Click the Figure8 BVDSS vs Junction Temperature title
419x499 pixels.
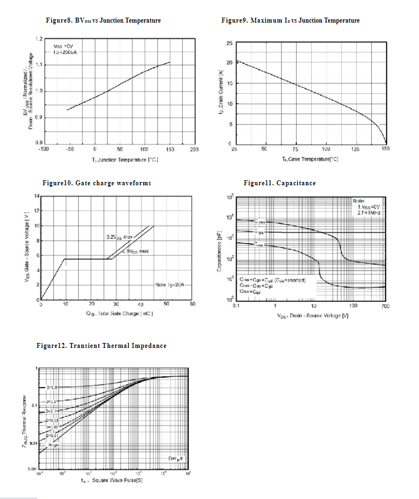103,20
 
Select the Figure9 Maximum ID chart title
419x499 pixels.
290,20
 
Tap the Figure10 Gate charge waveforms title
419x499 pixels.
96,183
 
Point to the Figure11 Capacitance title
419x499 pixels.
280,183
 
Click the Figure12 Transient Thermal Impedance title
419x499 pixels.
101,346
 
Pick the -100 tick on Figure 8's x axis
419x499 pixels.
44,149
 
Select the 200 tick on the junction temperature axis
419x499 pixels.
194,149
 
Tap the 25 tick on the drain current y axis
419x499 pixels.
228,43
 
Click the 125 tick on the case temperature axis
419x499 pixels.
355,149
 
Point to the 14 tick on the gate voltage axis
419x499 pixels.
37,196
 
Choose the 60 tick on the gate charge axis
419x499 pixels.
193,304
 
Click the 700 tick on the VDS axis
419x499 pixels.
385,305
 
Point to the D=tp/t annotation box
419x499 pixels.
177,459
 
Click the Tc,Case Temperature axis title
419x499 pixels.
311,158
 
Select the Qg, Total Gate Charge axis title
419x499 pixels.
119,313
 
